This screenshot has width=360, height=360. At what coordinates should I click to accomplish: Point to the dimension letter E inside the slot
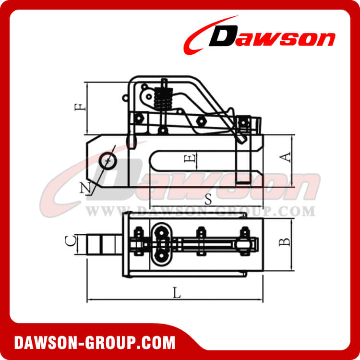coord(191,159)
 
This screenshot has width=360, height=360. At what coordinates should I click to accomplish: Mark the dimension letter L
coord(177,294)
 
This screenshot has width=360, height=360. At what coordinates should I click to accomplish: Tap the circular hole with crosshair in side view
coord(108,160)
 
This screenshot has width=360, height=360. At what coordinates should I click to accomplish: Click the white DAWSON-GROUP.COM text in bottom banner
coord(95,343)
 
